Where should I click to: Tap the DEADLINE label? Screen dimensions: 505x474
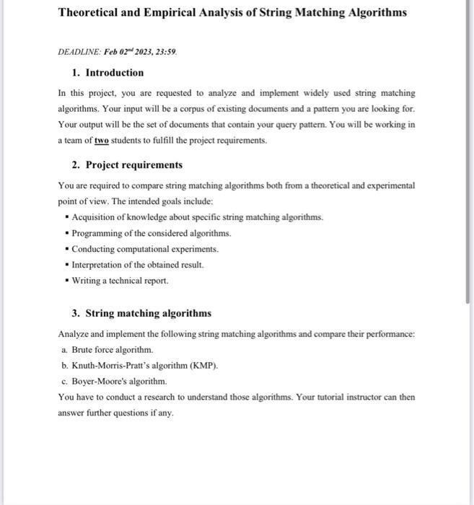coord(75,53)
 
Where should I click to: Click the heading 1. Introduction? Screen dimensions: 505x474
coord(108,73)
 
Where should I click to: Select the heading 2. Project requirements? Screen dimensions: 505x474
coord(127,165)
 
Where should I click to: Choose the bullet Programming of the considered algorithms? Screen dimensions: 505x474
coord(152,233)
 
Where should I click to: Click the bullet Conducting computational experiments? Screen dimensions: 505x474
coord(145,249)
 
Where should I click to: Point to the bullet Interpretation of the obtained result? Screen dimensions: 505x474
coord(138,265)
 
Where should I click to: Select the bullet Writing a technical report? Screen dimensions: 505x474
coord(120,281)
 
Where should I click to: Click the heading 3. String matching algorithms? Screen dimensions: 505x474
coord(141,313)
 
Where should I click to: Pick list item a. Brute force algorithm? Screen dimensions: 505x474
coord(113,349)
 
